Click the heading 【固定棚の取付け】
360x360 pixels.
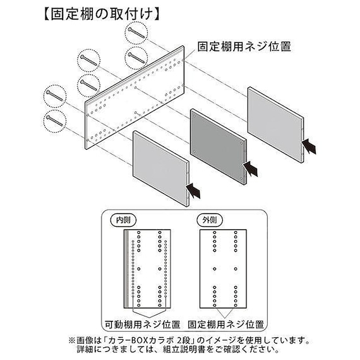point(101,15)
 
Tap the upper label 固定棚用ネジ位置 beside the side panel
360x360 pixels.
point(244,47)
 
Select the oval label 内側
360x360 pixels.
point(123,220)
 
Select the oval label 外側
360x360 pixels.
point(210,220)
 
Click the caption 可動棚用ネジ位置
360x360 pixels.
point(142,325)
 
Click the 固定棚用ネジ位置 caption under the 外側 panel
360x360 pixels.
point(226,325)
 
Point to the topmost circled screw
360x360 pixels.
point(136,33)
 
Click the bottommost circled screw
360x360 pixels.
point(55,121)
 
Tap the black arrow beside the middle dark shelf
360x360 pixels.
point(250,169)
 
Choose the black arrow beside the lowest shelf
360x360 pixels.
point(193,191)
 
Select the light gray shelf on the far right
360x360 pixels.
point(275,124)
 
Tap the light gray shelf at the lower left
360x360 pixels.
point(160,169)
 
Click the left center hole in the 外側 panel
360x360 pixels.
point(215,268)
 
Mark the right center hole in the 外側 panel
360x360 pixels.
point(236,268)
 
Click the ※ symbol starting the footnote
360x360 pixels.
point(71,340)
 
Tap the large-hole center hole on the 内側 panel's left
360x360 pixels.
point(139,268)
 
